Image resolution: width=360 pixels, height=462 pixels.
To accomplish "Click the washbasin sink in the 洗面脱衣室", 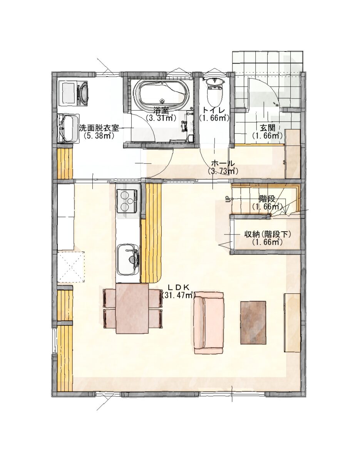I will point(69,128).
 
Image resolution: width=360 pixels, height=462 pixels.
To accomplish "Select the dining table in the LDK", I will point(132,308).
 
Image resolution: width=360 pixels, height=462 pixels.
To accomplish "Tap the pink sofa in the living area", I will point(208,323).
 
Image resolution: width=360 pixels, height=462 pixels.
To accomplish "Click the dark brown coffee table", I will point(254,322).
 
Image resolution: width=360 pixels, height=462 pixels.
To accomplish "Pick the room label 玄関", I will point(267,128).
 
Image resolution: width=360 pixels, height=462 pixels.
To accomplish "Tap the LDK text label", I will point(178,288).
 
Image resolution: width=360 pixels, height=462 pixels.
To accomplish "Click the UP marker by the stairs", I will point(227,199).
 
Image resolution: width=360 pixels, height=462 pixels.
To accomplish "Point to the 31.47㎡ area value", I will point(178,295).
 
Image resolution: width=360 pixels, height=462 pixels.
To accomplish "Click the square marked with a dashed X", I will point(71,266).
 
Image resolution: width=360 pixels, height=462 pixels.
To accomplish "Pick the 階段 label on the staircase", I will point(267,199).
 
